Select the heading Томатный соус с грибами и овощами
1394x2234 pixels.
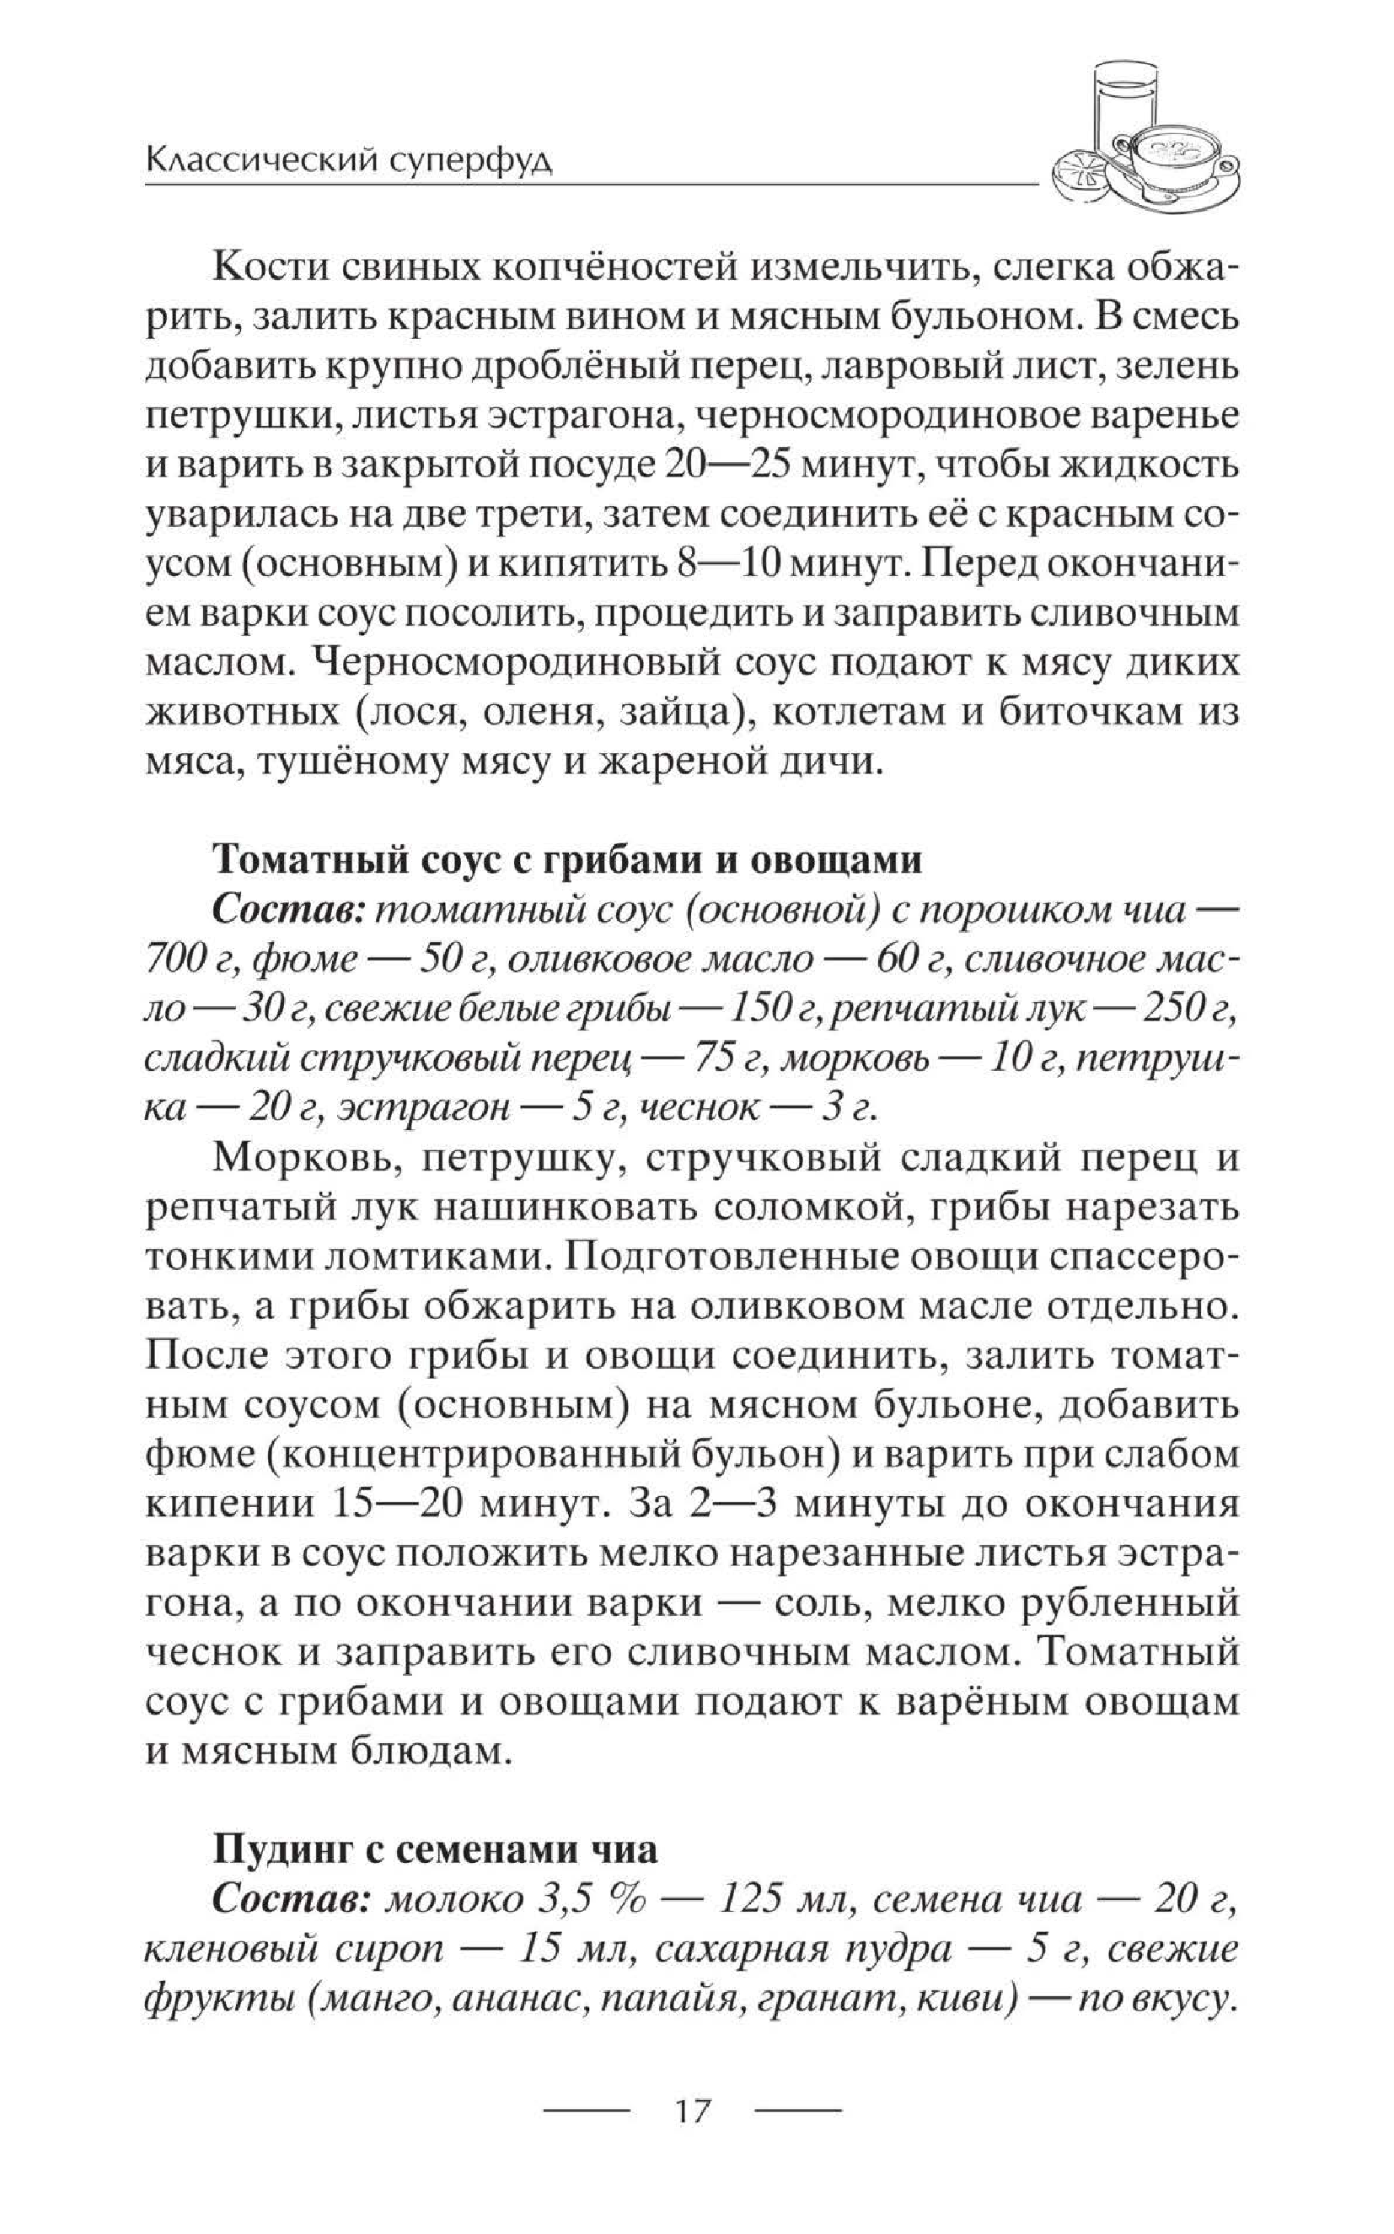[567, 859]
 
